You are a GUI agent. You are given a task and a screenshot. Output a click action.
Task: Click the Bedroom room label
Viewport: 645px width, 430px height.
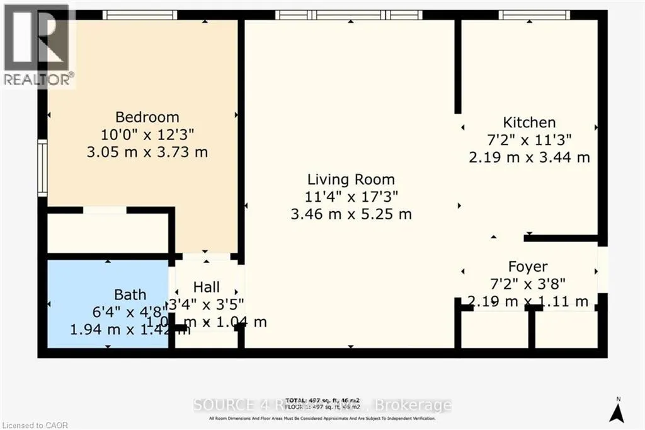[x=147, y=117]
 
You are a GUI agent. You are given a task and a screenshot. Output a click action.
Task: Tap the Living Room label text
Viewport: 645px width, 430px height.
[x=351, y=179]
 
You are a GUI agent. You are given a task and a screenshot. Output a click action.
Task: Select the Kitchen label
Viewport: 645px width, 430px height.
[x=528, y=122]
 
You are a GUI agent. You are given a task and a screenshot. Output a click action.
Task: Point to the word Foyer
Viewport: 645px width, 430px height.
[x=528, y=267]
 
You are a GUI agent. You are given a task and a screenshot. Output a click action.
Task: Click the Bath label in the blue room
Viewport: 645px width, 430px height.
[x=130, y=294]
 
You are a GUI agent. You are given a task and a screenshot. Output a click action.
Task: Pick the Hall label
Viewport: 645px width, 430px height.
[x=207, y=288]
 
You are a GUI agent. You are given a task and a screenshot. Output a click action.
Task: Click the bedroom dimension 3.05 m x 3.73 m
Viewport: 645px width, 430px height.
[x=147, y=152]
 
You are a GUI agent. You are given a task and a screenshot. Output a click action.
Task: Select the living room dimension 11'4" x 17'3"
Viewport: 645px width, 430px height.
[x=351, y=197]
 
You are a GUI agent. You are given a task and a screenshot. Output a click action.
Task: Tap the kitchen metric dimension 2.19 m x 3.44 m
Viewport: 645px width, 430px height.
[x=529, y=157]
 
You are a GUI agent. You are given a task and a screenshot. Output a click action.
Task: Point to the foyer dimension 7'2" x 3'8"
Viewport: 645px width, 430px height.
[x=528, y=284]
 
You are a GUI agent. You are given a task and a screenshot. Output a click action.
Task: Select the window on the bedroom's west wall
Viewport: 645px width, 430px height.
[x=42, y=167]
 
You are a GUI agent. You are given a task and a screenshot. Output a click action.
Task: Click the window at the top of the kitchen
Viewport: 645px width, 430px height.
[x=535, y=15]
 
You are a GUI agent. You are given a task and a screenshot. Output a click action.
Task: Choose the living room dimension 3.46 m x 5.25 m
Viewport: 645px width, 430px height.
[x=351, y=214]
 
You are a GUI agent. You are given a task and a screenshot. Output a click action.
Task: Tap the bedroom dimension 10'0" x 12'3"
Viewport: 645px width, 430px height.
[x=147, y=134]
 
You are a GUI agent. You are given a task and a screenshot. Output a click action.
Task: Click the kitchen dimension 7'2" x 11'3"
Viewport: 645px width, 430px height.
[x=528, y=140]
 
